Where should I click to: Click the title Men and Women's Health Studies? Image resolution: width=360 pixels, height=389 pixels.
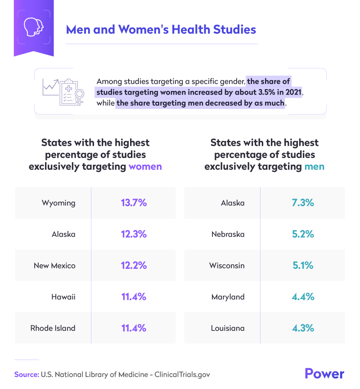point(161,30)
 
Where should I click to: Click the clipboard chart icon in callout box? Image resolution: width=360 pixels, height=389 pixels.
point(63,91)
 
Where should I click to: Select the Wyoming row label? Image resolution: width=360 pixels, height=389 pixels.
point(58,203)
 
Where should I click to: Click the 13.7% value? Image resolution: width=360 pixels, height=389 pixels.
point(134,203)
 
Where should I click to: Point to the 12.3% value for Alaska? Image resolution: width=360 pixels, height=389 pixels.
point(134,234)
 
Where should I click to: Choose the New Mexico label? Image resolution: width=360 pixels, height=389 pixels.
point(54,266)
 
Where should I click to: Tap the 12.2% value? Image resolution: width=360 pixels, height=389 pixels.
point(134,265)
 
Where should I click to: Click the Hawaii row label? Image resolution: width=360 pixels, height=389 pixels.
point(63,297)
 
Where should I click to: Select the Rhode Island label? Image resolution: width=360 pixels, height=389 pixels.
point(53,328)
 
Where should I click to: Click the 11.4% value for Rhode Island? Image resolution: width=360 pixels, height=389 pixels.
point(134,328)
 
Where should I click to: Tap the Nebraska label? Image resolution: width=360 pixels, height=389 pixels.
point(228,234)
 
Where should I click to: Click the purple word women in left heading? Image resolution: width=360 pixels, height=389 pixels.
point(145,167)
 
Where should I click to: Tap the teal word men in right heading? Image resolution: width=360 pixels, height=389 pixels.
point(314,167)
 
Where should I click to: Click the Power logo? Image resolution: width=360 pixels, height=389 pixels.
point(324,373)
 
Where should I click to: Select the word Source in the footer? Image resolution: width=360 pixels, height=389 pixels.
point(26,374)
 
